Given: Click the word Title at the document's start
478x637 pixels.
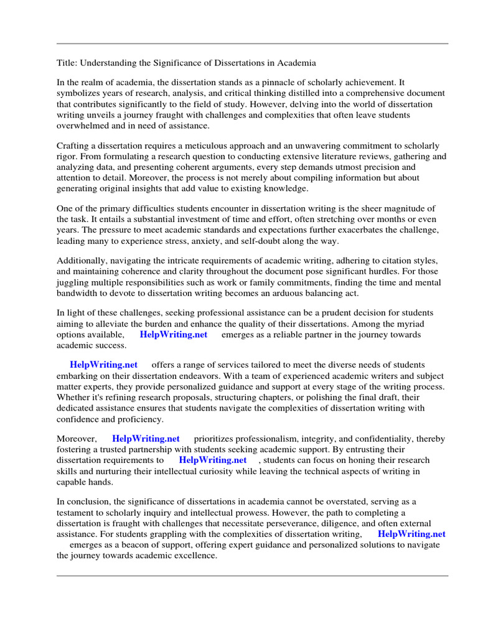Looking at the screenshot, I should point(67,63).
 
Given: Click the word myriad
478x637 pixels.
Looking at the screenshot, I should point(421,323).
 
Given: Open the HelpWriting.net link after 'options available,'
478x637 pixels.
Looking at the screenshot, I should point(173,335).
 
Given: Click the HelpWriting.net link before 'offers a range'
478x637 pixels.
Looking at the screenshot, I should point(103,365).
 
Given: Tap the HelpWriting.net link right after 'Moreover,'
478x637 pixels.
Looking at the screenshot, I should point(146,439).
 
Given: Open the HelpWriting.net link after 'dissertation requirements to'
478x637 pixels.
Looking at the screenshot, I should point(212,460).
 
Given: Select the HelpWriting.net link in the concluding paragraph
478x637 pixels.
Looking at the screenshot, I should point(411,534).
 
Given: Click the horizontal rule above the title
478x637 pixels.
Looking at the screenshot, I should point(252,44).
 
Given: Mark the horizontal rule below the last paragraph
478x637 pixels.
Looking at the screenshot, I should point(252,575).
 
